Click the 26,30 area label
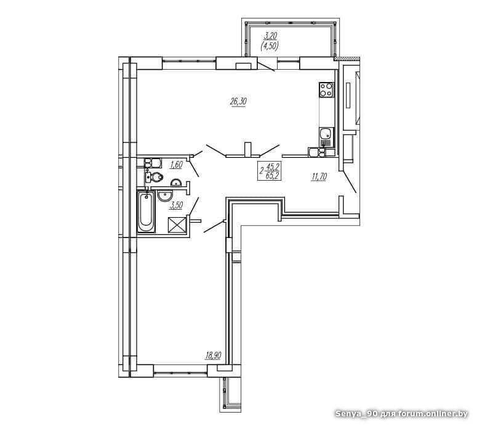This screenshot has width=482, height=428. coord(238,102)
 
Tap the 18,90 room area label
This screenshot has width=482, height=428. coord(213,356)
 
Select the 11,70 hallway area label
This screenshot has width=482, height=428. coord(319,177)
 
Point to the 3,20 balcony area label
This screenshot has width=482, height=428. coord(270,36)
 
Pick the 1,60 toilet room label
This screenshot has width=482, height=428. coord(176,165)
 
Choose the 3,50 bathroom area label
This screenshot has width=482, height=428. coord(176,205)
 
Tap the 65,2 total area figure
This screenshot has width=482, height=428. coord(273,176)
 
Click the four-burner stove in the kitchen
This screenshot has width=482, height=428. coord(326,90)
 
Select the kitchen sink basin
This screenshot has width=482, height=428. coord(326,134)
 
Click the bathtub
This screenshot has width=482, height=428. coord(146,212)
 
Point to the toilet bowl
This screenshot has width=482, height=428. coord(155,177)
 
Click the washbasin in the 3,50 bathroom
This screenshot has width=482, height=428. coord(165,195)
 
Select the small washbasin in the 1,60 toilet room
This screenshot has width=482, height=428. coord(176,183)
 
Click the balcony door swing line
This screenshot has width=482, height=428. coord(266,67)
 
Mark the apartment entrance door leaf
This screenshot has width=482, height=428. coord(350,183)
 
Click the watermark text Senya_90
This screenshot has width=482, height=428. coord(356,414)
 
